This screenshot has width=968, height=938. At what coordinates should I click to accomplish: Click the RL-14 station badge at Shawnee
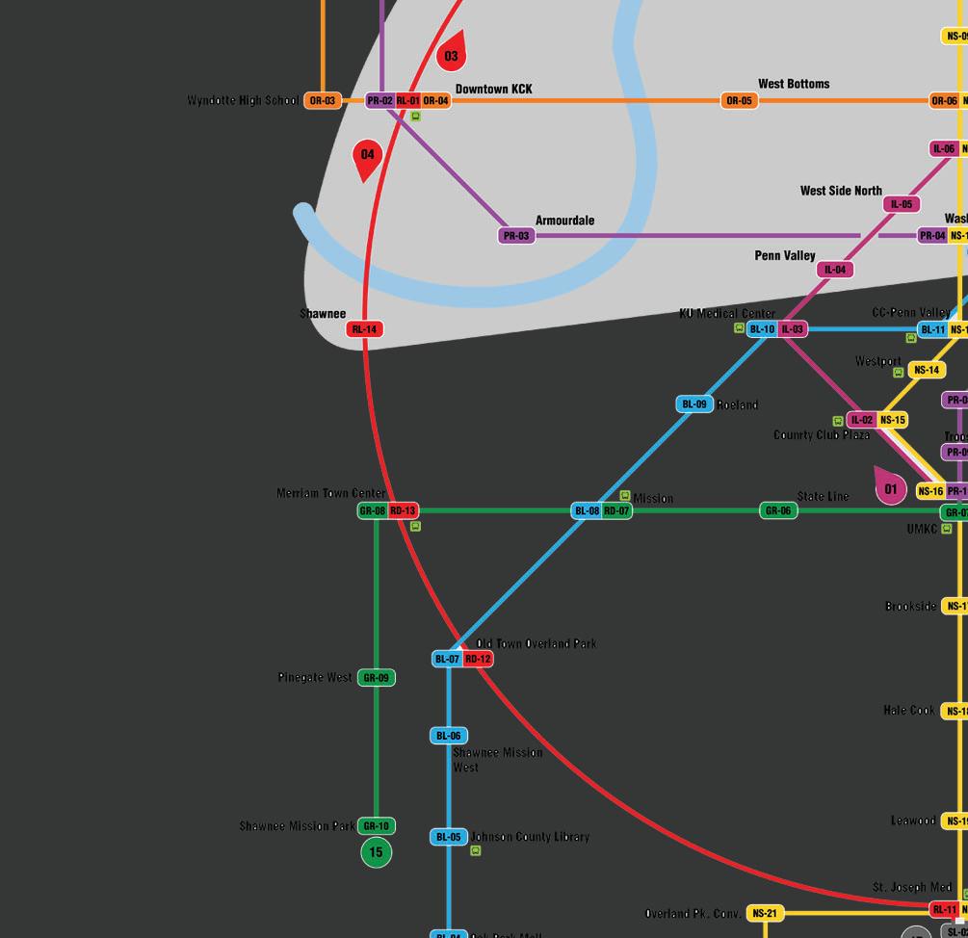click(x=364, y=329)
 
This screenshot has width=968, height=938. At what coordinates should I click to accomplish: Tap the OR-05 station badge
click(x=739, y=101)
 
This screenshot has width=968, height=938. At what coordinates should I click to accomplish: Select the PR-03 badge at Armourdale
click(x=516, y=236)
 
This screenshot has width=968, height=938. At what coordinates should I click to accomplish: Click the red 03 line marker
click(x=451, y=55)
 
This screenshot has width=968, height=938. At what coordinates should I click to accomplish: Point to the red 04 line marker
click(x=367, y=156)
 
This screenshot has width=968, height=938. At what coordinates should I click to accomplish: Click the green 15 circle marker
click(x=376, y=852)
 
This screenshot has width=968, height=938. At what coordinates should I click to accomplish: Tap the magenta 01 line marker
click(x=890, y=488)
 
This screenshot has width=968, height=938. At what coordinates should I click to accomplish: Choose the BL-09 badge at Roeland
click(x=694, y=404)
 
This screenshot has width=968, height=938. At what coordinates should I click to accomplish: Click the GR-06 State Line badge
click(x=778, y=511)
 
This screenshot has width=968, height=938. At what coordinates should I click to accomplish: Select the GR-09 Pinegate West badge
click(x=376, y=678)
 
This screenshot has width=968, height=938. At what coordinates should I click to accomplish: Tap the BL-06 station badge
click(x=449, y=736)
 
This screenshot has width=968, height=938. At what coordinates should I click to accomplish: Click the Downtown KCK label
click(x=493, y=90)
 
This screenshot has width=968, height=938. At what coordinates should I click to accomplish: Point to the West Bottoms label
click(x=794, y=84)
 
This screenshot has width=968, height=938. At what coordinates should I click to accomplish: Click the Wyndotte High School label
click(x=243, y=101)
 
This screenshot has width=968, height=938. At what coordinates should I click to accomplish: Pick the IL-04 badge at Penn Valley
click(x=835, y=270)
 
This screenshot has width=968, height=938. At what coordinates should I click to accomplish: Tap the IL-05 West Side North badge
click(x=902, y=204)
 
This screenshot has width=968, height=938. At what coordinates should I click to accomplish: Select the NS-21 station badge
click(x=765, y=913)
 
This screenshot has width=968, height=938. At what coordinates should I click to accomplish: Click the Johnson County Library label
click(x=530, y=837)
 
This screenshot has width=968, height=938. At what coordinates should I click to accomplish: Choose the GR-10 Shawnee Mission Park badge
click(x=376, y=826)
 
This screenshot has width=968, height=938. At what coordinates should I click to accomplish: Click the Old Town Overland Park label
click(x=536, y=643)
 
